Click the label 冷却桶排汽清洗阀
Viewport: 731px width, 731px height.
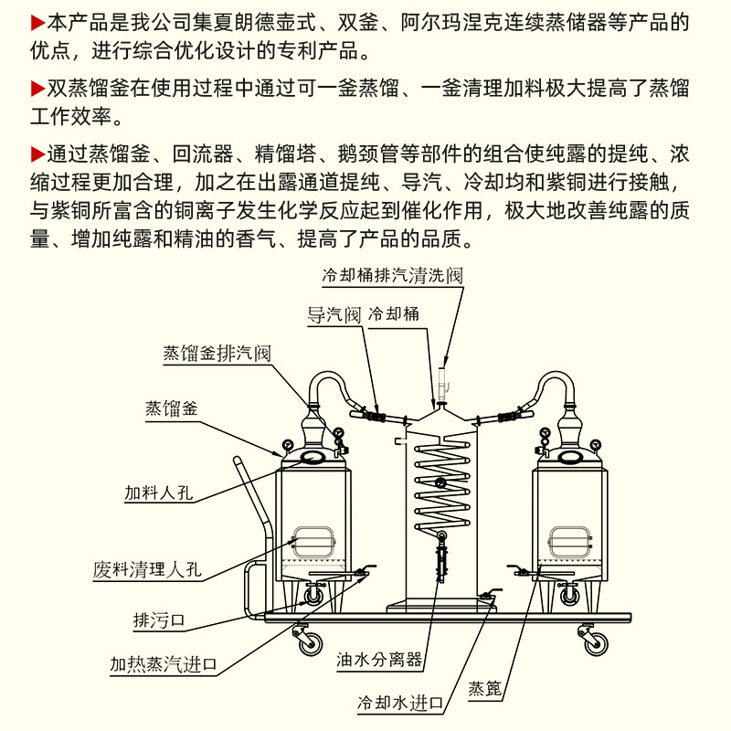click(x=392, y=274)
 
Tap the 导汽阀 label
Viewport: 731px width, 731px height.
click(x=334, y=314)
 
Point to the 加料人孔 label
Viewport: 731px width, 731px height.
click(x=162, y=493)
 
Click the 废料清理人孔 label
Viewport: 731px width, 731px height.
click(x=147, y=570)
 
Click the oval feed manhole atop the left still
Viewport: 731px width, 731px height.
click(x=313, y=456)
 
